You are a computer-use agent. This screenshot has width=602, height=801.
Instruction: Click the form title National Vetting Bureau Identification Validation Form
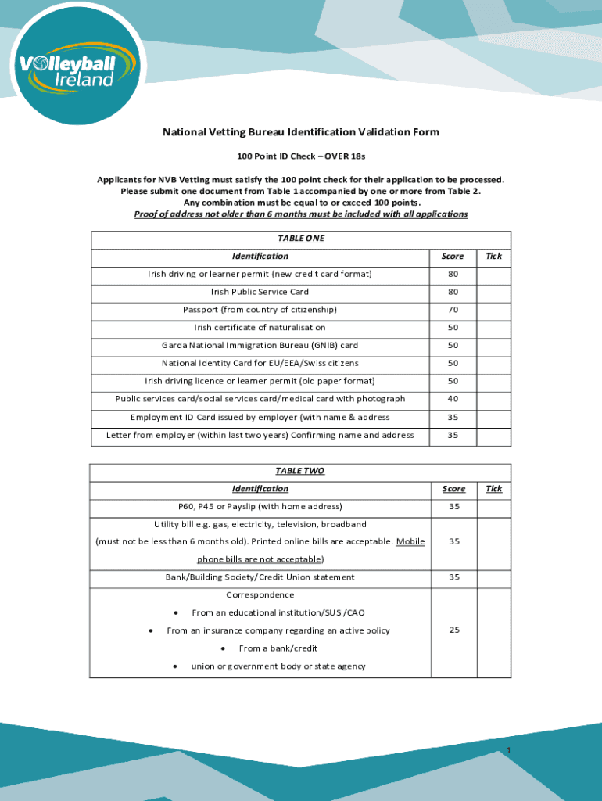pyautogui.click(x=300, y=132)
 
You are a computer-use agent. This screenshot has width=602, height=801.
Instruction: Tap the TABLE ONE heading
pyautogui.click(x=300, y=239)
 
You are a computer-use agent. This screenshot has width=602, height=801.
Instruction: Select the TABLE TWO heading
pyautogui.click(x=299, y=471)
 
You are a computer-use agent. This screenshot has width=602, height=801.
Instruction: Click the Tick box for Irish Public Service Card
pyautogui.click(x=493, y=292)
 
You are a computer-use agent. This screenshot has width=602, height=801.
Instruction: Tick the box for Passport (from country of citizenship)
pyautogui.click(x=493, y=310)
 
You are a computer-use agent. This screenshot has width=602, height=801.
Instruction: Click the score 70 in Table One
pyautogui.click(x=453, y=310)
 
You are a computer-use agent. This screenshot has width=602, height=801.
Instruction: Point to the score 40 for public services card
pyautogui.click(x=453, y=399)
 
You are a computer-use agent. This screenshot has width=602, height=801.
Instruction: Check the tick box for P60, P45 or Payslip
pyautogui.click(x=493, y=507)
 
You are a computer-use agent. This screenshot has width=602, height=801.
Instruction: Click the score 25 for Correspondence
pyautogui.click(x=453, y=630)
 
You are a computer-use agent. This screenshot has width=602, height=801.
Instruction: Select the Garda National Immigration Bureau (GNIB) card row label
pyautogui.click(x=260, y=345)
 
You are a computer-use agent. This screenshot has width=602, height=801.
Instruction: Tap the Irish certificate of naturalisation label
pyautogui.click(x=260, y=328)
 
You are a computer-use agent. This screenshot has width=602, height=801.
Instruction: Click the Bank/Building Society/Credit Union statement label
pyautogui.click(x=260, y=577)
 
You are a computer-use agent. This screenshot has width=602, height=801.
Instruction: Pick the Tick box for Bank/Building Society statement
pyautogui.click(x=493, y=577)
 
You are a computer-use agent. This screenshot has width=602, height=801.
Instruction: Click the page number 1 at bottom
pyautogui.click(x=508, y=752)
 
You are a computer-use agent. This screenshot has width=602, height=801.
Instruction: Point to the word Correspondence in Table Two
pyautogui.click(x=260, y=595)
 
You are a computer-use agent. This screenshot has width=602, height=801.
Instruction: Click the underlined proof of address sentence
pyautogui.click(x=300, y=214)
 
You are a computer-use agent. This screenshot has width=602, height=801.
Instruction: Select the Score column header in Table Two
pyautogui.click(x=453, y=489)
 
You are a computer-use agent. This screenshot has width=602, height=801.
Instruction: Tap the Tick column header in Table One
pyautogui.click(x=493, y=257)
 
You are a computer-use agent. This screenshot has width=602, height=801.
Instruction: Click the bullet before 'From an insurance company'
pyautogui.click(x=151, y=630)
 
